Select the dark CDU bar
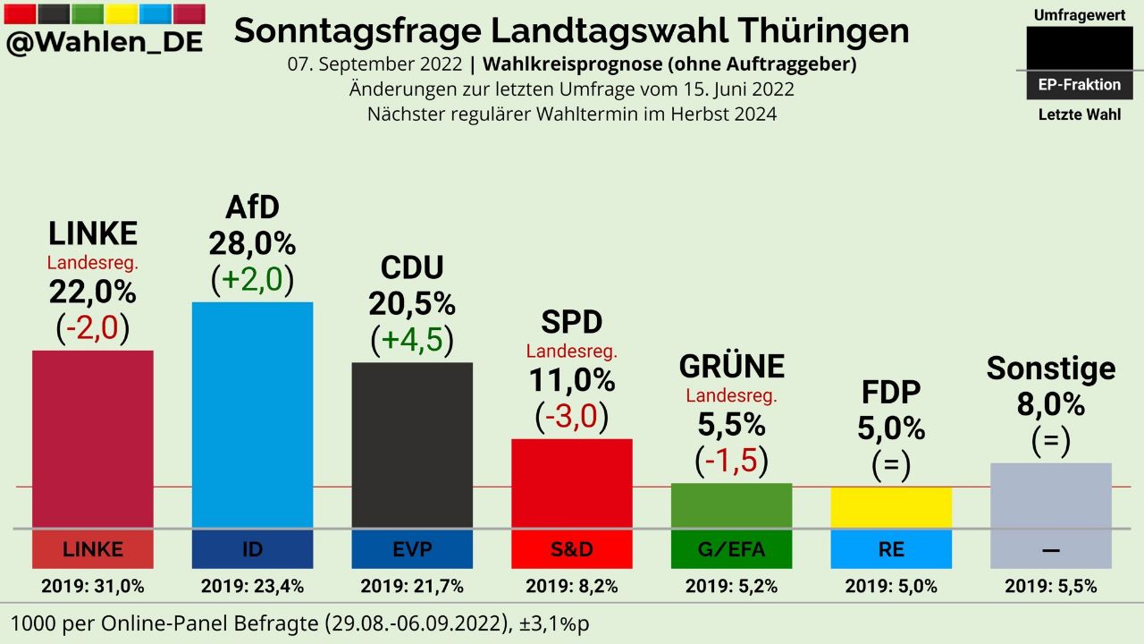pyautogui.click(x=412, y=445)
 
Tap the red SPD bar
pyautogui.click(x=572, y=483)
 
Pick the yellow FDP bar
pyautogui.click(x=891, y=507)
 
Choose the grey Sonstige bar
pyautogui.click(x=1051, y=495)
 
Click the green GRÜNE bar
pyautogui.click(x=731, y=505)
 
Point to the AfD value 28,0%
pyautogui.click(x=252, y=243)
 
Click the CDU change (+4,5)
pyautogui.click(x=412, y=340)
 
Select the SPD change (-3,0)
pyautogui.click(x=572, y=416)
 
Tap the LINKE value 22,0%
pyautogui.click(x=92, y=292)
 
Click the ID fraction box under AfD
pyautogui.click(x=253, y=549)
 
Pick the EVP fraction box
pyautogui.click(x=412, y=549)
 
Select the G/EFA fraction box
pyautogui.click(x=731, y=549)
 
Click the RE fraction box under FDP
pyautogui.click(x=891, y=549)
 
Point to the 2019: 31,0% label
pyautogui.click(x=92, y=587)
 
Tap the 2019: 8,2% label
pyautogui.click(x=572, y=587)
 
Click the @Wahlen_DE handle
pyautogui.click(x=104, y=42)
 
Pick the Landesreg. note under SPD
pyautogui.click(x=572, y=352)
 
